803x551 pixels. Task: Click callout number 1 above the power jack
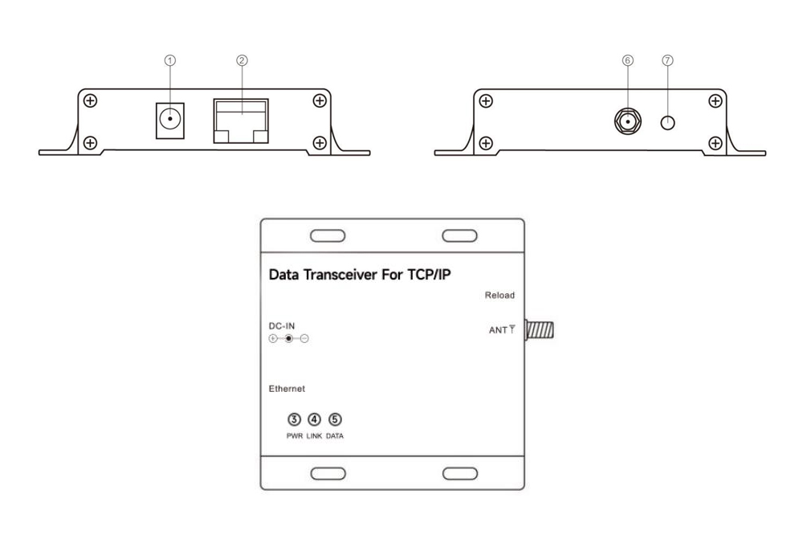pos(169,59)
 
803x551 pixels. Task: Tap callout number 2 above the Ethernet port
pos(240,59)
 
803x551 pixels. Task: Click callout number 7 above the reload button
pos(666,59)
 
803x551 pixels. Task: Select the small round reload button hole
pos(666,123)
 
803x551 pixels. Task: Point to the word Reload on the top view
pos(499,296)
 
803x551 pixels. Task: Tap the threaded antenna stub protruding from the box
pos(543,330)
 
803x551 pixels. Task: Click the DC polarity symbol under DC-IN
pos(288,339)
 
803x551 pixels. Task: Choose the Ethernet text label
pos(287,389)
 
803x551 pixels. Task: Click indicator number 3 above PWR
pos(295,418)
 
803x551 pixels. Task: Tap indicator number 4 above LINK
pos(315,418)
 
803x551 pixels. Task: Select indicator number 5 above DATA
pos(335,418)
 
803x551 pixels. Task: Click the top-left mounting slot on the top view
pos(328,236)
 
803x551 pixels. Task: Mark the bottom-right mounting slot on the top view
pos(459,473)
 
